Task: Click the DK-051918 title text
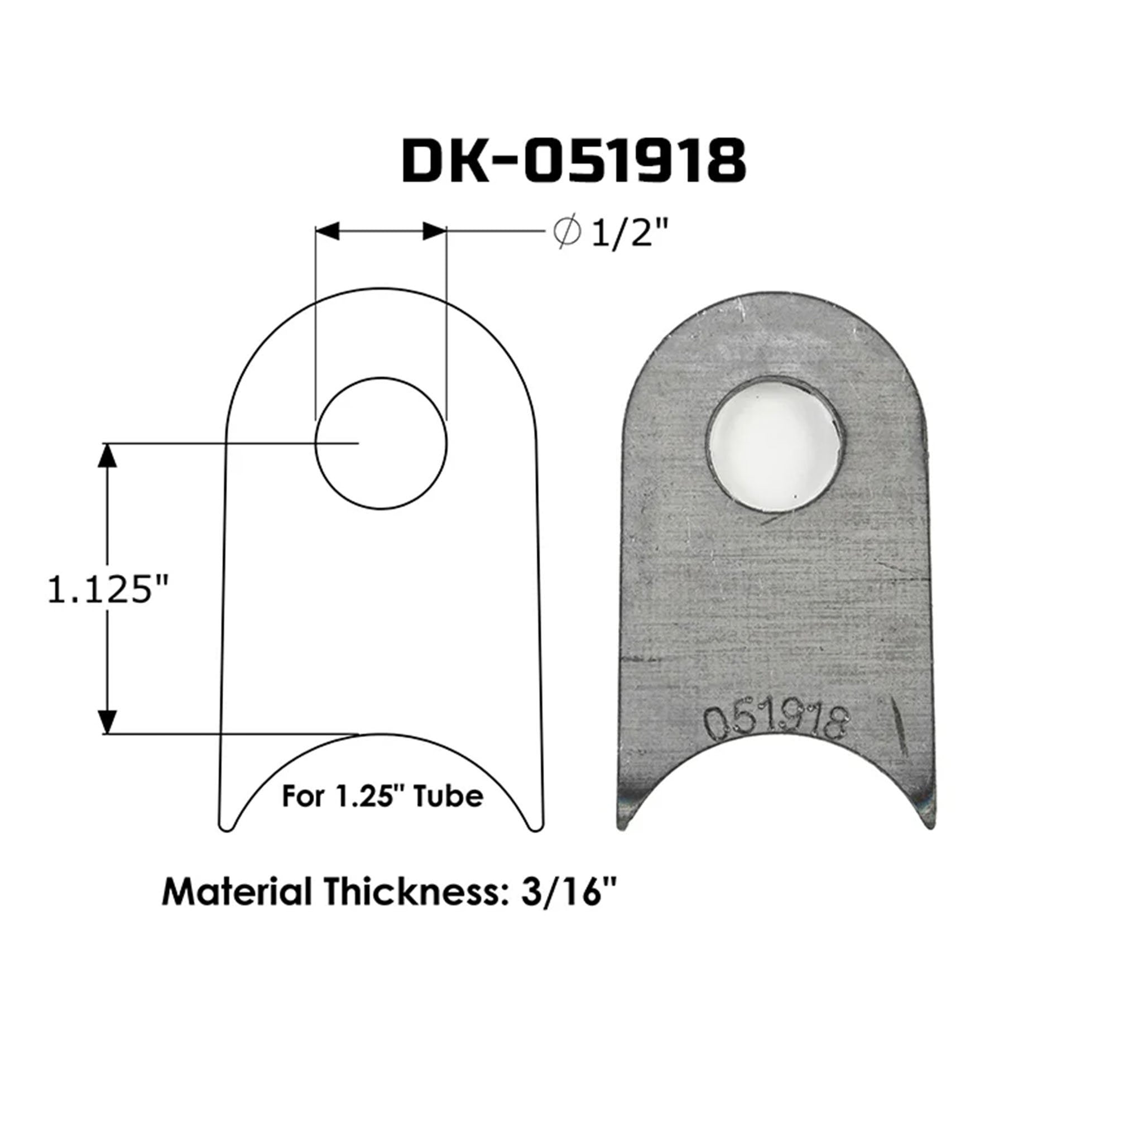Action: coord(573,161)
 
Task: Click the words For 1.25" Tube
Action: coord(382,796)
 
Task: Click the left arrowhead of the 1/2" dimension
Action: coord(327,231)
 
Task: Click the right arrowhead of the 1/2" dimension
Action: coord(434,231)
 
